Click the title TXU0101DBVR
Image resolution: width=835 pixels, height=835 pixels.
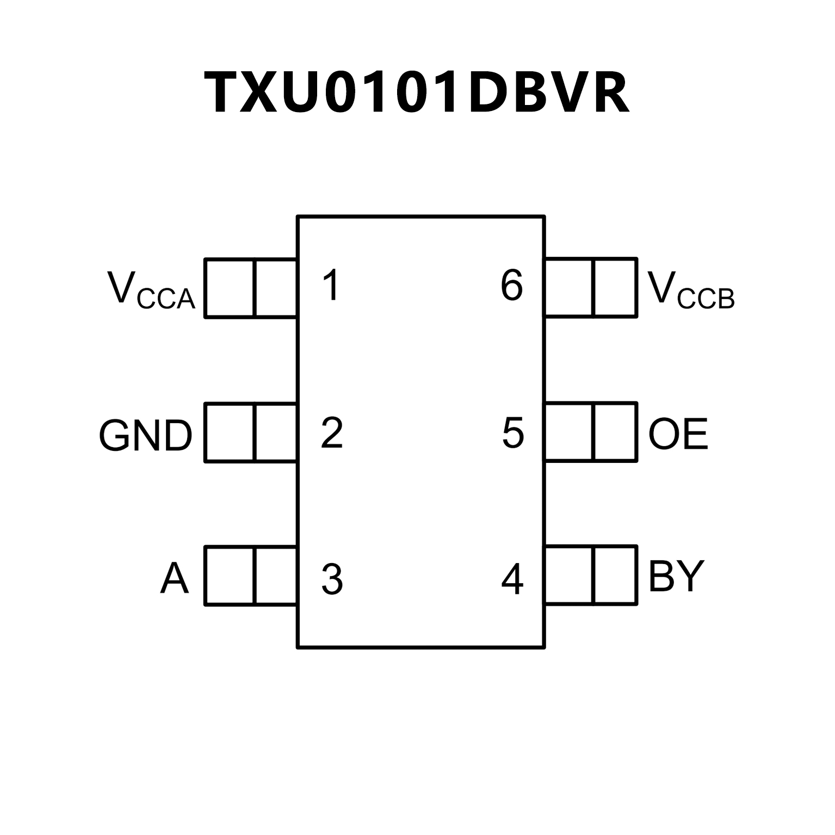417,92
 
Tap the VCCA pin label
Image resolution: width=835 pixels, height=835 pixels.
151,290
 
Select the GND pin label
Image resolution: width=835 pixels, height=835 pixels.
146,436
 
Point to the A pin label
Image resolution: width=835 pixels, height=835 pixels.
174,578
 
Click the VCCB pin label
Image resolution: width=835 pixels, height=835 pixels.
691,290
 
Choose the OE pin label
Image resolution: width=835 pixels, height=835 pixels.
678,434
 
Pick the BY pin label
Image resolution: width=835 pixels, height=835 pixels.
676,576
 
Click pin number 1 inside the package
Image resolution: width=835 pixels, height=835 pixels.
331,285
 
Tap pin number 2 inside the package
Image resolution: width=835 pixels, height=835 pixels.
332,433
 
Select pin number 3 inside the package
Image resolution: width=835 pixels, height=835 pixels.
332,579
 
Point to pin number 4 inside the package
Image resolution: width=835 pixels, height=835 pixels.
512,579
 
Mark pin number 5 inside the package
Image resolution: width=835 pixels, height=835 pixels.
512,433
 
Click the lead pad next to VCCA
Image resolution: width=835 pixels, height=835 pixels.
251,288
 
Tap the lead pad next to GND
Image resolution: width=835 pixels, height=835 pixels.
251,432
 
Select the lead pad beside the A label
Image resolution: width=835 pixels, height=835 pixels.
251,576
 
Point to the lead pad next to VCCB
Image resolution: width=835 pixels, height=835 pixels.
591,288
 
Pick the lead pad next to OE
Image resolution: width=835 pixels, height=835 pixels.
591,432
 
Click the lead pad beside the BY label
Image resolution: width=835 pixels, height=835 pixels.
591,576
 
